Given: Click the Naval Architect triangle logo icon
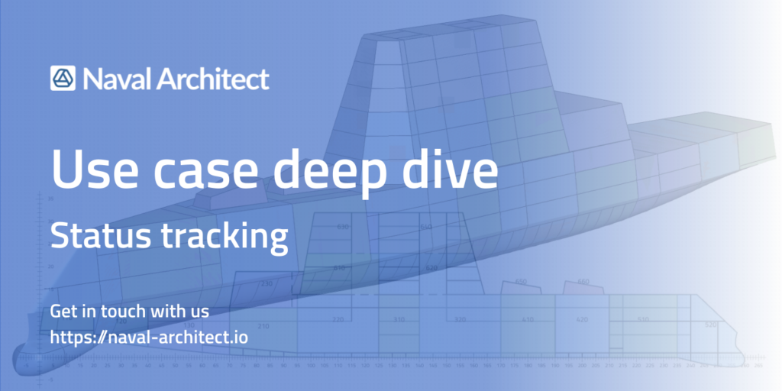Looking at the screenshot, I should (x=63, y=79).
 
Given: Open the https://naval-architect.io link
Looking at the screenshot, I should (x=149, y=336).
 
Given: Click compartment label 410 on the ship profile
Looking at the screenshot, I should (x=527, y=320).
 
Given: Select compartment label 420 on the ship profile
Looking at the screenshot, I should (x=582, y=320).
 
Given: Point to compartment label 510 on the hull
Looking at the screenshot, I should (x=643, y=319).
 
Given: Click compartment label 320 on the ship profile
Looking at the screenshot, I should (x=460, y=319).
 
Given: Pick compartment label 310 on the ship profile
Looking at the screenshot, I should (x=399, y=319).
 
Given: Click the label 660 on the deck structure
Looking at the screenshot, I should (x=583, y=282).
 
